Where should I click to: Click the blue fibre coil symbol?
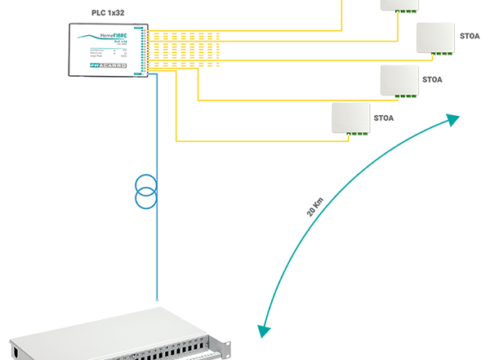click(145, 191)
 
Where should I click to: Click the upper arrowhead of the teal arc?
click(452, 119)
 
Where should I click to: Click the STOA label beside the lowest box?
click(384, 118)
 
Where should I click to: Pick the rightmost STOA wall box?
click(435, 37)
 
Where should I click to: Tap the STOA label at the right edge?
click(470, 36)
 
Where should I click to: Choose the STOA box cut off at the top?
click(401, 5)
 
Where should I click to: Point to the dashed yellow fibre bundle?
click(184, 49)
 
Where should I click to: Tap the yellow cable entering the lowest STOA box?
click(261, 141)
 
